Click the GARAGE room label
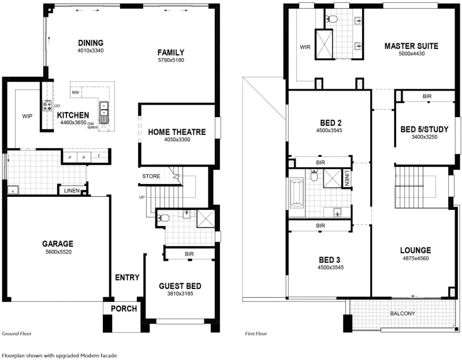[x=58, y=243]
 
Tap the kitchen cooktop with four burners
[x=47, y=106]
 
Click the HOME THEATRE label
[x=177, y=132]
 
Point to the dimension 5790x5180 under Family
[x=171, y=60]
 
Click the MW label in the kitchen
[x=76, y=92]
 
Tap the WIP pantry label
[x=27, y=117]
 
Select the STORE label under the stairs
[x=151, y=176]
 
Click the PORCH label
[x=124, y=309]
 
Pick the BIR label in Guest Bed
[x=189, y=254]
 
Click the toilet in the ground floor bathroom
[x=163, y=218]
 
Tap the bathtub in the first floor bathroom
[x=297, y=193]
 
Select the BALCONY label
[x=403, y=313]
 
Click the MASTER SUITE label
[x=411, y=46]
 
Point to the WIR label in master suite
[x=305, y=47]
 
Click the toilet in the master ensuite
[x=331, y=19]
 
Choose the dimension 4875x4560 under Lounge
[x=416, y=258]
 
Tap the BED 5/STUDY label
[x=424, y=129]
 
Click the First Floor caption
[x=256, y=333]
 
